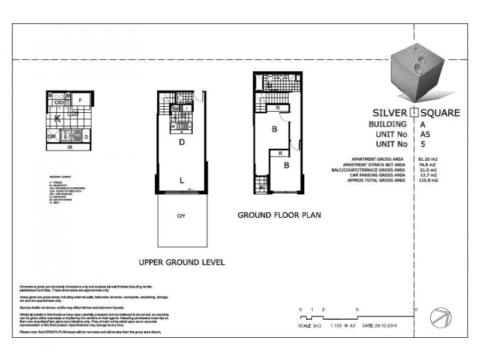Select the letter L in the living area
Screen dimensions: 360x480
point(181,179)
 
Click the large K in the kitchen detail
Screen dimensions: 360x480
point(58,119)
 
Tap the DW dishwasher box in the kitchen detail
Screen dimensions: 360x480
point(52,137)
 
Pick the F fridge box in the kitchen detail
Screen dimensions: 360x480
point(80,100)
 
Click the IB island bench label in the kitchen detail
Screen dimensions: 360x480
point(70,146)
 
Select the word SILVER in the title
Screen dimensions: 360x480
point(388,112)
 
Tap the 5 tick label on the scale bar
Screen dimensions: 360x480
point(358,308)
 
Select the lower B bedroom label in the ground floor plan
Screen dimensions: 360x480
point(287,165)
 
